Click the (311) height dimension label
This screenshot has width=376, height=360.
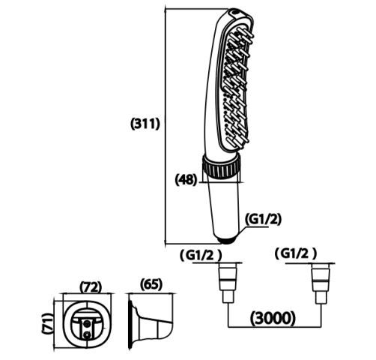[x=145, y=124]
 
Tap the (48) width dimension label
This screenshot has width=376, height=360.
[x=187, y=179]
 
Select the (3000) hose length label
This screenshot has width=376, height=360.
[x=273, y=319]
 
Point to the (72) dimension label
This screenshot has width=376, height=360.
[x=91, y=287]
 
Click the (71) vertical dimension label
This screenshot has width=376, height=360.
[x=48, y=323]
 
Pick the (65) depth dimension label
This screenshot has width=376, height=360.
[x=151, y=284]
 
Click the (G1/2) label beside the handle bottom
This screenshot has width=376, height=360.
[x=263, y=219]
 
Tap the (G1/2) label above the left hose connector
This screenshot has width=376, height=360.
[x=201, y=255]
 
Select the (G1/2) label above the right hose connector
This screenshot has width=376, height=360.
[x=296, y=253]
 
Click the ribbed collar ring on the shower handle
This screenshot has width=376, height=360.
[x=221, y=166]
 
